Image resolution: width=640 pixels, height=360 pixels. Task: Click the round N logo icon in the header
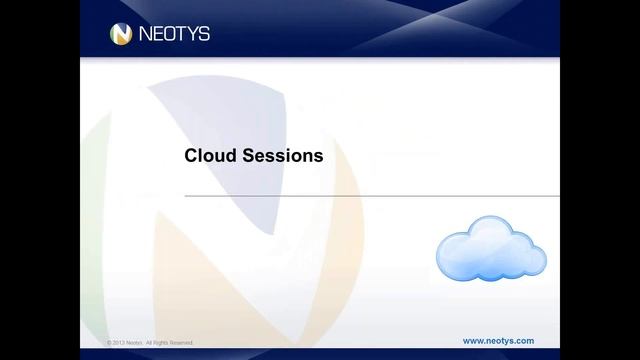click(121, 34)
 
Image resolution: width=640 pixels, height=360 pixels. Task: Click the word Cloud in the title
click(208, 156)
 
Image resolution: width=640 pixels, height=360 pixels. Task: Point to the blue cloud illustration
click(490, 251)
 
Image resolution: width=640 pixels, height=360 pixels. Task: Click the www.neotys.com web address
click(498, 341)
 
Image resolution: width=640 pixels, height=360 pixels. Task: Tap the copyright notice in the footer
click(151, 343)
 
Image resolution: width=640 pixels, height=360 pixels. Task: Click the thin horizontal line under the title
click(370, 197)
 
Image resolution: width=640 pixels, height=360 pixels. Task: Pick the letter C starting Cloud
click(191, 156)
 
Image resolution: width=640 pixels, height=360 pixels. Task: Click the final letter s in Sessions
click(318, 157)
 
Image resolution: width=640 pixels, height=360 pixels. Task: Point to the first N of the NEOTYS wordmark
click(146, 34)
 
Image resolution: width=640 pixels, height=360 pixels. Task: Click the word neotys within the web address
click(497, 341)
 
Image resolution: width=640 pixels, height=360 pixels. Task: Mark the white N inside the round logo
click(121, 34)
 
